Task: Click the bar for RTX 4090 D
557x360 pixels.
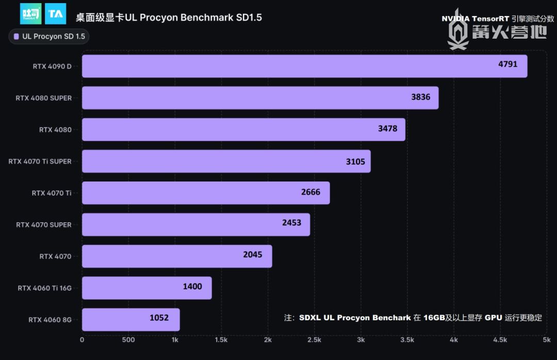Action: (x=304, y=66)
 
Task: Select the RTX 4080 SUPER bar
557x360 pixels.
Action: (x=260, y=97)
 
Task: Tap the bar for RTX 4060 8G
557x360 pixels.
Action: (x=130, y=319)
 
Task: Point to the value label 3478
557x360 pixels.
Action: (x=387, y=129)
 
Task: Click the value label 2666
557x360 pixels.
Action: (x=310, y=192)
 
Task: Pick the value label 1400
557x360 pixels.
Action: (x=192, y=287)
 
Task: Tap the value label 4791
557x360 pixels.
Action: (x=507, y=65)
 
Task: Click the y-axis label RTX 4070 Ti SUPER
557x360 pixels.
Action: (x=40, y=161)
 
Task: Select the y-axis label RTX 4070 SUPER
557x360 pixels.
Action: (x=44, y=225)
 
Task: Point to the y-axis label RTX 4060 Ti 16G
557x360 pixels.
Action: (x=44, y=288)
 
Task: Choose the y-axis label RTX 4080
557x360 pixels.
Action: (x=55, y=129)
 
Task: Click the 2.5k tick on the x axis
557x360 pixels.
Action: (x=314, y=340)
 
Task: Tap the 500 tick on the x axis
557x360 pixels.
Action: (x=128, y=340)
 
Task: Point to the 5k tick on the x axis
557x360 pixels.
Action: (x=546, y=340)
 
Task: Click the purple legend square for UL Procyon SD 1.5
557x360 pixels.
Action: (x=17, y=37)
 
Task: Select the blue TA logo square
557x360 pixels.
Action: (x=55, y=14)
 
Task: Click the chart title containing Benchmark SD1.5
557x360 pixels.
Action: (x=169, y=18)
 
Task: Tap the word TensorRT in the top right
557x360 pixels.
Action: (x=490, y=19)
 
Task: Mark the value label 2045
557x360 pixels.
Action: (x=253, y=255)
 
